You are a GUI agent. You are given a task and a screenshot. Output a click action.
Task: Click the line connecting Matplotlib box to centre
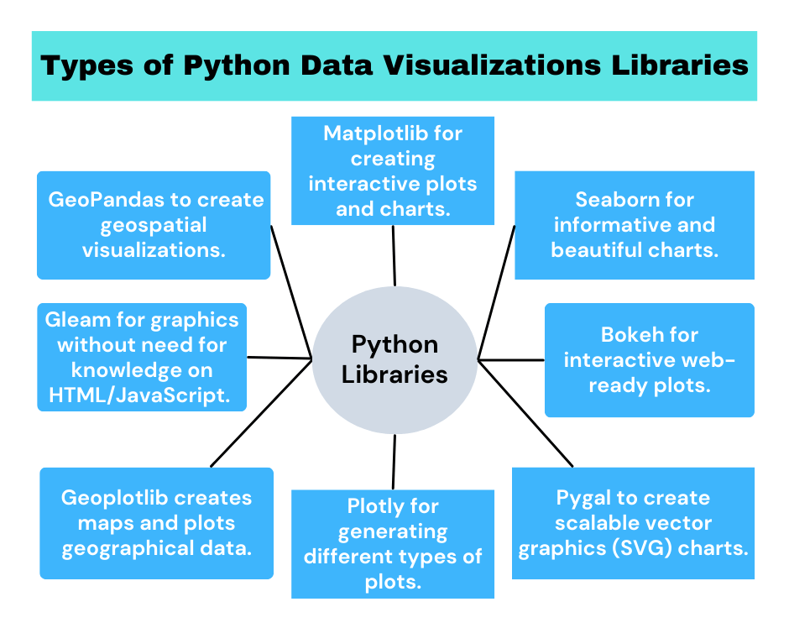click(x=394, y=255)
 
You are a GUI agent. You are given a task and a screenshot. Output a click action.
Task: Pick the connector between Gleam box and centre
click(x=279, y=358)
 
